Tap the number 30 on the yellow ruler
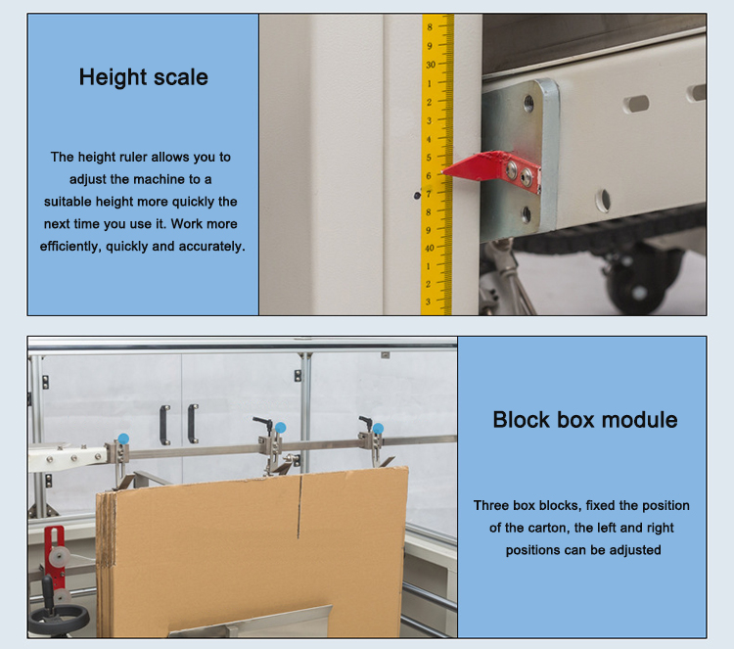[x=431, y=66]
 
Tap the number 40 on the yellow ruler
[x=431, y=248]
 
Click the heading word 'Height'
[x=111, y=77]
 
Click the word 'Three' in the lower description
[x=492, y=505]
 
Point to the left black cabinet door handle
[x=164, y=424]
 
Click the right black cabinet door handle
[x=193, y=424]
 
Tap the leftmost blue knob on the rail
[x=123, y=438]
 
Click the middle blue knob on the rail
[x=280, y=427]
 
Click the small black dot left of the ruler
[x=416, y=195]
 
